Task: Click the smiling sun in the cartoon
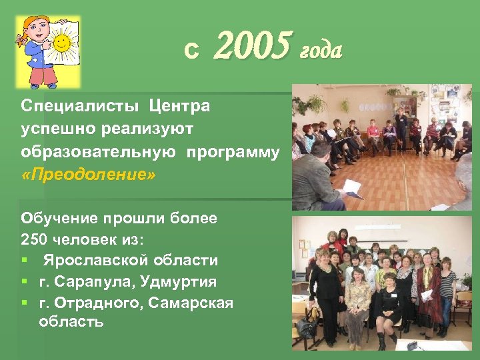pyautogui.click(x=61, y=44)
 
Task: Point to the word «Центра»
pyautogui.click(x=179, y=106)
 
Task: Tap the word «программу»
pyautogui.click(x=233, y=151)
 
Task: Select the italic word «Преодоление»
pyautogui.click(x=88, y=175)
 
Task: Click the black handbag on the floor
pyautogui.click(x=307, y=327)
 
